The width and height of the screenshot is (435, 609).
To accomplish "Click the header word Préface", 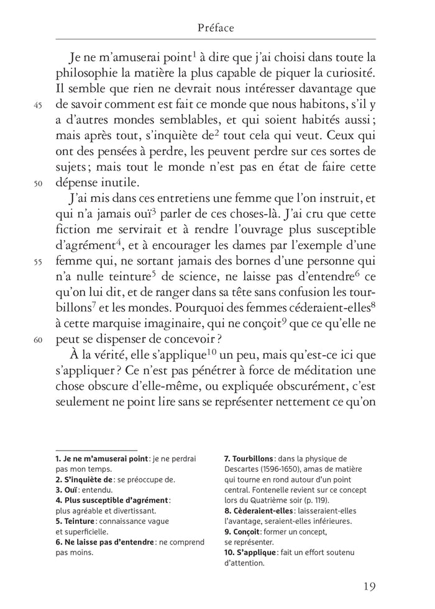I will (216, 28).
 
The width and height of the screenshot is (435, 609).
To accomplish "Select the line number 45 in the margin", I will (37, 106).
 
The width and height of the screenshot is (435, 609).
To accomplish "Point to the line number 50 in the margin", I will (37, 184).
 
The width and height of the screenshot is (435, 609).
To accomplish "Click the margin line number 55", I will (37, 262).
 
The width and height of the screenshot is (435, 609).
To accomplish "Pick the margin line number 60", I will (37, 340).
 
